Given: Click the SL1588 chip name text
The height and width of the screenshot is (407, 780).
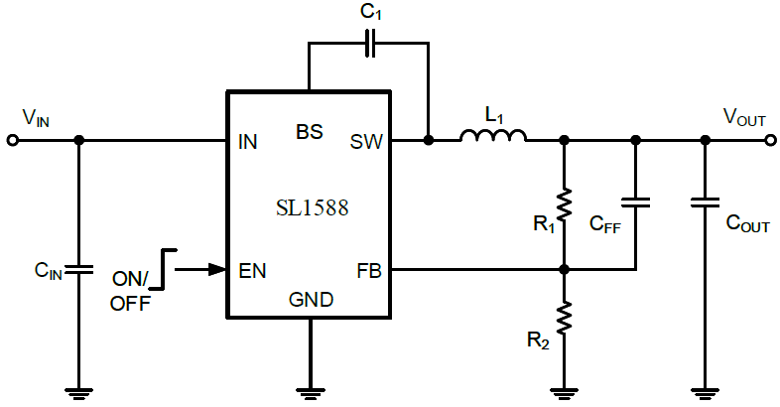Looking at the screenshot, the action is [x=313, y=208].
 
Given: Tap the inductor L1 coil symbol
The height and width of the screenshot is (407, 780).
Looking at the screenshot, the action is [x=493, y=135].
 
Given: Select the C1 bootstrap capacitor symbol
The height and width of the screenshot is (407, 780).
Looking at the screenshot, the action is [x=369, y=44].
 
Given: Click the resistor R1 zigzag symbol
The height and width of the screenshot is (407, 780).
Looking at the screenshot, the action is [x=564, y=204].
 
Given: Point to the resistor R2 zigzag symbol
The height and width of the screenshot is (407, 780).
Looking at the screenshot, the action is [x=564, y=318].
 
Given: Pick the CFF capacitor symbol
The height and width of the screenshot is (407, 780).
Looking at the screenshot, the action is [x=635, y=202].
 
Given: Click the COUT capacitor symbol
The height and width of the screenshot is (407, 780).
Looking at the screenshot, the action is [x=705, y=202].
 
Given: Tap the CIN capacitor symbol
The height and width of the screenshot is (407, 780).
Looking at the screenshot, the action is [x=78, y=269].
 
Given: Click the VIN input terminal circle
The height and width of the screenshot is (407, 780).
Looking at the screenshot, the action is [x=13, y=141].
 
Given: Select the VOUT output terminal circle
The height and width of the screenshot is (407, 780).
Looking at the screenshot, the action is [x=770, y=141].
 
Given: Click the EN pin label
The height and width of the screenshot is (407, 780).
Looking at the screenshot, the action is [x=253, y=271].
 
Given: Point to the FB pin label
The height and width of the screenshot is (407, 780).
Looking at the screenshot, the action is [x=368, y=271].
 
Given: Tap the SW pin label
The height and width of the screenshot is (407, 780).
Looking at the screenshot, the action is [x=366, y=142].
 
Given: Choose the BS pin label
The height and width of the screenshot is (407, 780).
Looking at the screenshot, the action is [x=310, y=132].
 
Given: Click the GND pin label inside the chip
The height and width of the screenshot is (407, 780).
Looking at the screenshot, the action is [x=311, y=300].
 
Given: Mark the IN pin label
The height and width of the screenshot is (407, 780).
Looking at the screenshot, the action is [x=248, y=142].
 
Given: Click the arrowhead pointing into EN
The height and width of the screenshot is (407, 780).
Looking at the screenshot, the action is [x=217, y=270].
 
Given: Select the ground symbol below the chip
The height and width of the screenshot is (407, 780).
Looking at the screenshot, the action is [x=310, y=394].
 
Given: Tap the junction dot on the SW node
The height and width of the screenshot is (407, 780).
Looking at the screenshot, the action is [x=429, y=141].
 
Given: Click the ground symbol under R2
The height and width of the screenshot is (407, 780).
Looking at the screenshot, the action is [x=564, y=394].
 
